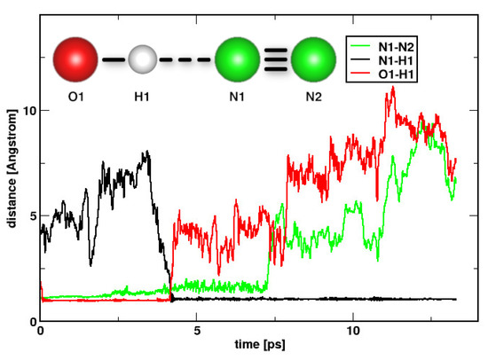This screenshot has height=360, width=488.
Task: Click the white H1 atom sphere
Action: (x=142, y=60)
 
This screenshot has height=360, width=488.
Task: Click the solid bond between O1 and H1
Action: (x=113, y=60)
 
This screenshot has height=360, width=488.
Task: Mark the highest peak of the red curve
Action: (x=391, y=87)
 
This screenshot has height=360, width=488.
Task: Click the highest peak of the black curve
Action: (x=146, y=152)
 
